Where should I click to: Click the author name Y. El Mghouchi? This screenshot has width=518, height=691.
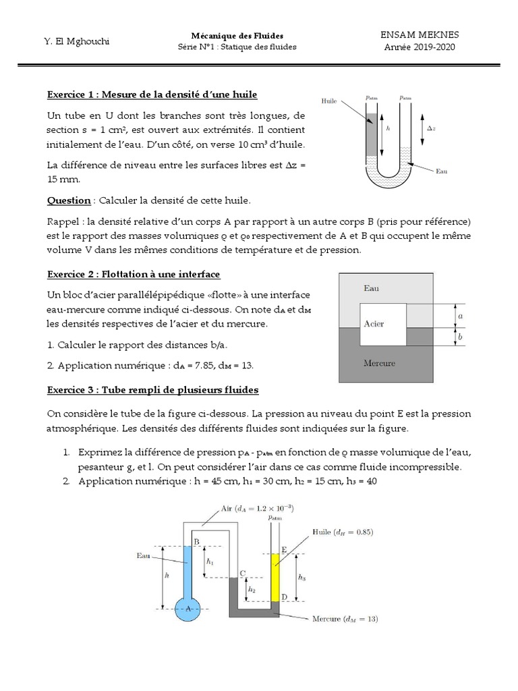click(77, 41)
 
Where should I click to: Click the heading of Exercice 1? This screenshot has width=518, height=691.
click(152, 94)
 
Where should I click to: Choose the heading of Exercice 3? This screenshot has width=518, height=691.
click(152, 391)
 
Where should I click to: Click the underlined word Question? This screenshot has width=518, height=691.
click(69, 200)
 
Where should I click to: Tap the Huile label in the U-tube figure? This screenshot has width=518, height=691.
click(330, 101)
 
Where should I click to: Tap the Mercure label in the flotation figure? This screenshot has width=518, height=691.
click(379, 363)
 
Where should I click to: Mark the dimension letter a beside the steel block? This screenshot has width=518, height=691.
click(460, 316)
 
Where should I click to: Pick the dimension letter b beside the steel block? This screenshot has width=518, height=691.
click(460, 336)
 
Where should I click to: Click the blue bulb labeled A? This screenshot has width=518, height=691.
click(188, 608)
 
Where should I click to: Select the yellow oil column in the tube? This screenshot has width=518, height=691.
click(275, 577)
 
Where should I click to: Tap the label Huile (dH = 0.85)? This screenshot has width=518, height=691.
click(342, 532)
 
